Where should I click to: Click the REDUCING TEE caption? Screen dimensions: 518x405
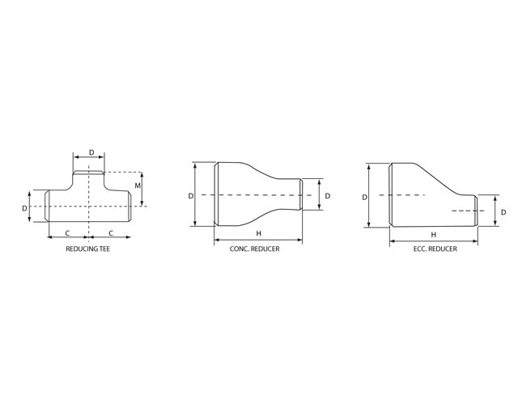(88, 249)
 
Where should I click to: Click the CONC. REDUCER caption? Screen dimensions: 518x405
(254, 249)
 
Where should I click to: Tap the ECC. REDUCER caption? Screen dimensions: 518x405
(435, 249)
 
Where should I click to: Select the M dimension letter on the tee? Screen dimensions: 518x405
(138, 185)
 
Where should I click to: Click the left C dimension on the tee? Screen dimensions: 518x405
(67, 233)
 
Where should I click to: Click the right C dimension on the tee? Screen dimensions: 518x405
(111, 233)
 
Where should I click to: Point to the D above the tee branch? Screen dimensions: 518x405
(91, 152)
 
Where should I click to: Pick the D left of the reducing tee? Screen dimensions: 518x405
(24, 208)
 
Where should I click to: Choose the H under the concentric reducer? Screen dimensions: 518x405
(259, 233)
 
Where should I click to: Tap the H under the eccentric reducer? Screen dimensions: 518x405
(434, 235)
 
